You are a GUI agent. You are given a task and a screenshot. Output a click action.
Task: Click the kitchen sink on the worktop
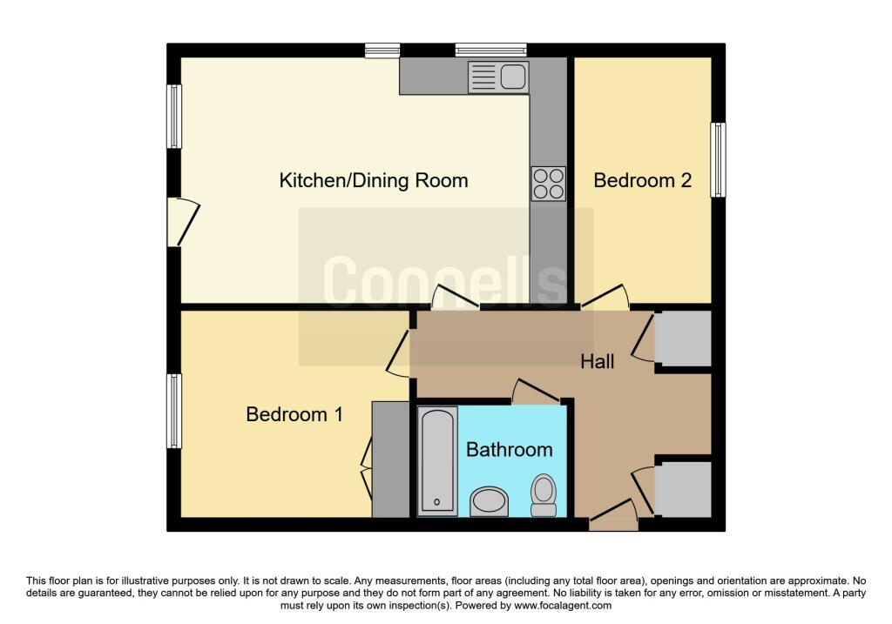pos(498,77)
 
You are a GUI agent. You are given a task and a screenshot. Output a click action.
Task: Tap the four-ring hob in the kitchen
pos(548,183)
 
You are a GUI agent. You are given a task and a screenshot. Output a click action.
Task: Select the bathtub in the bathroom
pos(436,460)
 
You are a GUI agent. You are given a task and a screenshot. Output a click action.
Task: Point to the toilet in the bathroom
pos(544,494)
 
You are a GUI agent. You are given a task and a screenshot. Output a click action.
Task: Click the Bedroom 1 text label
pos(294,414)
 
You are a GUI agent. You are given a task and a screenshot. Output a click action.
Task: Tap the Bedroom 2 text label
pos(642,180)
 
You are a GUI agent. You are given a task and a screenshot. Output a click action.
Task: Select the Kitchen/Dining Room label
pos(373,180)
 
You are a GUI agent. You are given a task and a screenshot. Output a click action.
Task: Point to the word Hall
pos(598,360)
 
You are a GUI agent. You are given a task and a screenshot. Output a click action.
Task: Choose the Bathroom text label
pos(509,450)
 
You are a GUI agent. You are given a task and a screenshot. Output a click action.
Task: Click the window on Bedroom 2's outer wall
pos(718,159)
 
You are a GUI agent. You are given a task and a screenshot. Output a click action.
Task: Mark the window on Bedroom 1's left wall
pos(174,411)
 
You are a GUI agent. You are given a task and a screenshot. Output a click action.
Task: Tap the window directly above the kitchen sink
pos(490,50)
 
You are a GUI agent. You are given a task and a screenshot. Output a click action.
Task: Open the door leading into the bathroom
pos(535,393)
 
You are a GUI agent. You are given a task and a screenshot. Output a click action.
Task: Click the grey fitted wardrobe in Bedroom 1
pos(390,459)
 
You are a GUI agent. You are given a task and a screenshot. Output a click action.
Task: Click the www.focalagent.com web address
pos(564,606)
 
